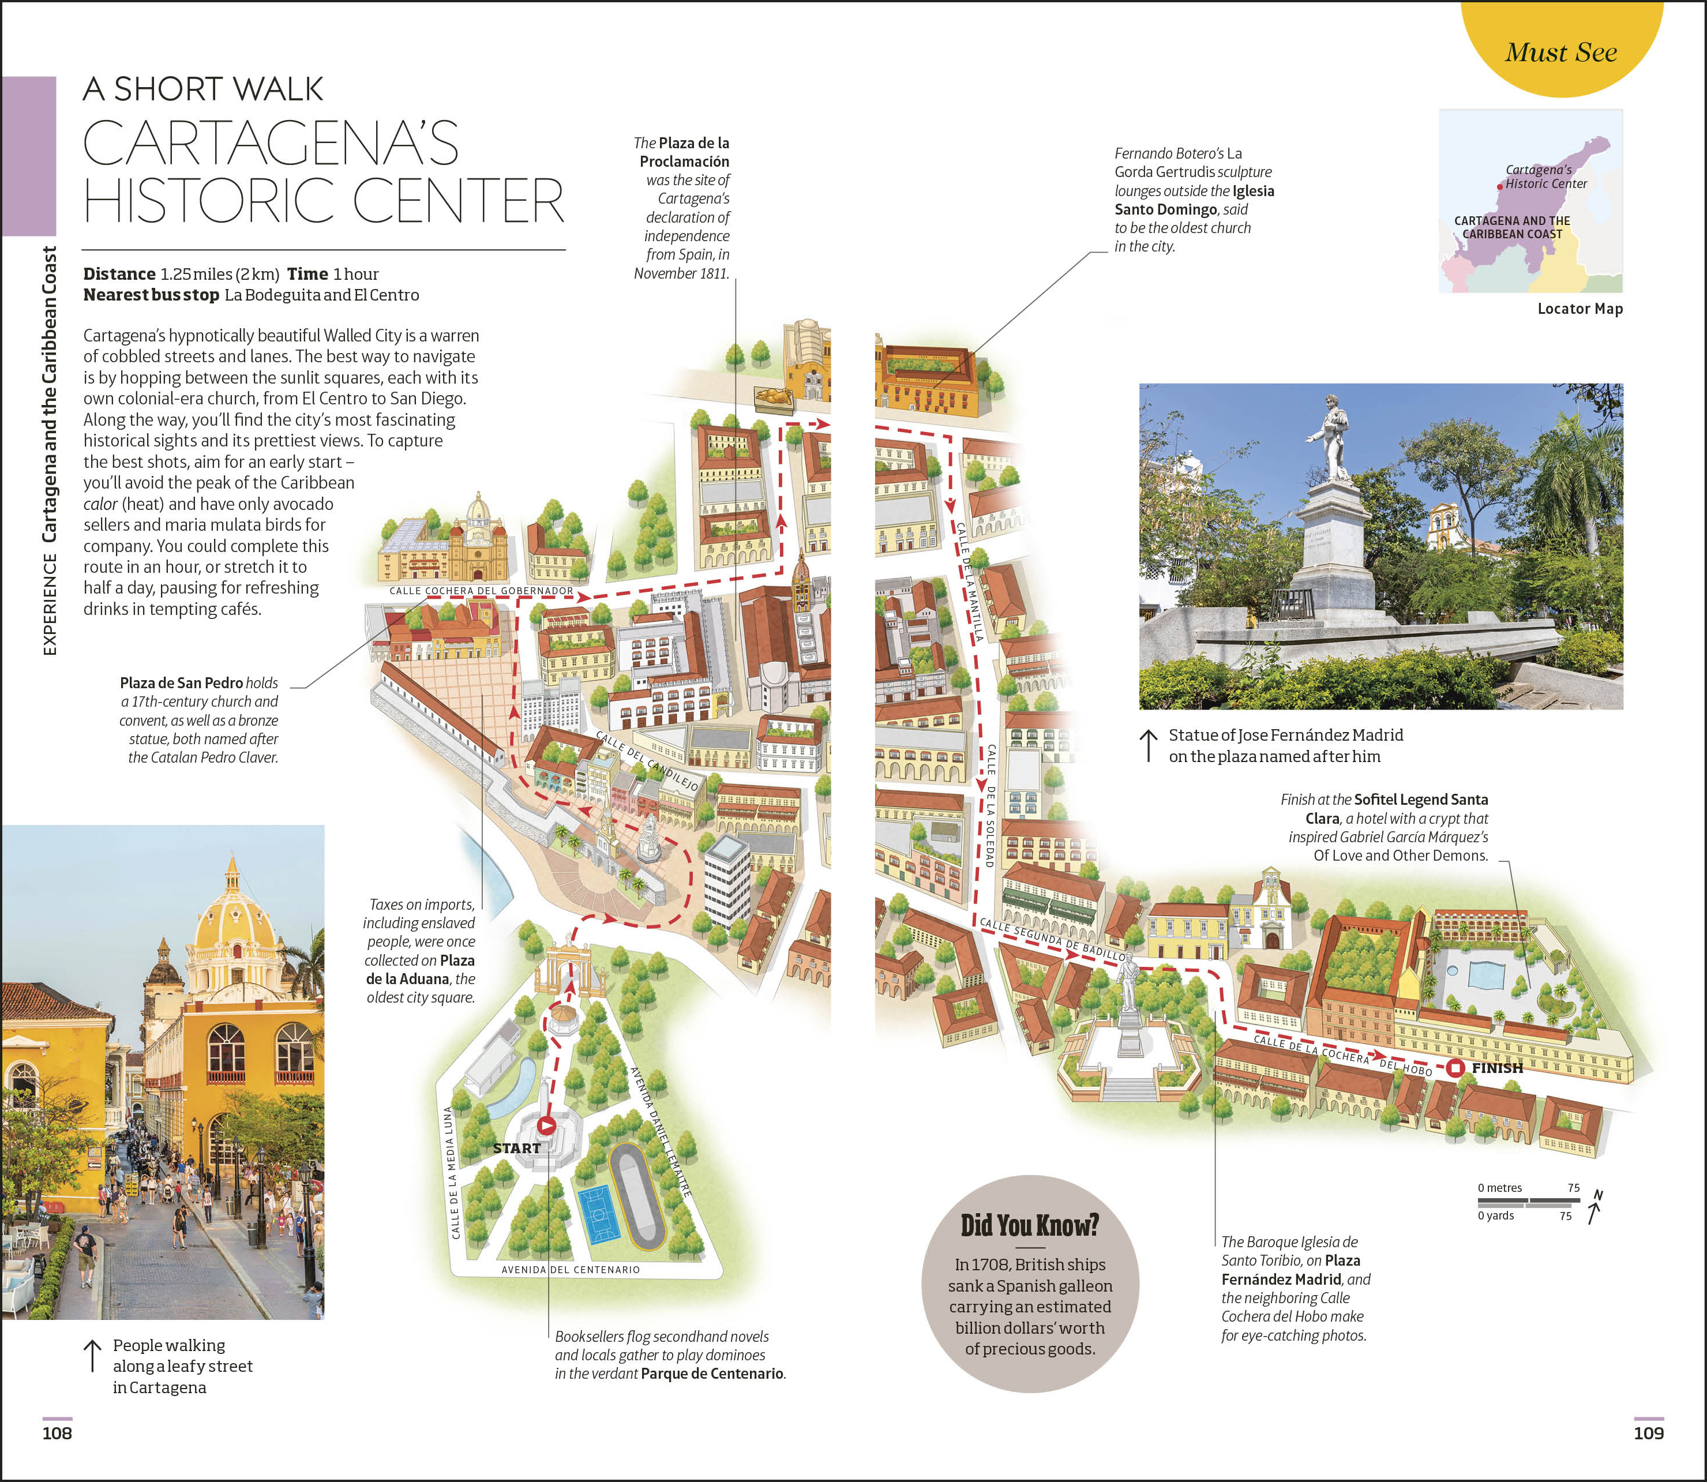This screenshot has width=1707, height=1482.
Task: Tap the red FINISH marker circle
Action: click(x=1457, y=1068)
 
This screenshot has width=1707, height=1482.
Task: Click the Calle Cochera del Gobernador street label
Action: click(x=481, y=591)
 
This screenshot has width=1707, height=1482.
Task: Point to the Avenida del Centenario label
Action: click(x=571, y=1270)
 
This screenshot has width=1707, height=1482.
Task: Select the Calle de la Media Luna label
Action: click(x=452, y=1173)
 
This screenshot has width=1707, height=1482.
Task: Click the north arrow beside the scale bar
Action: click(x=1595, y=1208)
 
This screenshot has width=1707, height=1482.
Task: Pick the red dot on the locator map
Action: click(x=1499, y=187)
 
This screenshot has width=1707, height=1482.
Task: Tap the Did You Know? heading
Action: click(x=1030, y=1225)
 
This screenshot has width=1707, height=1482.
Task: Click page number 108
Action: click(x=57, y=1433)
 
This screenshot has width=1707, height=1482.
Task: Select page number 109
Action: click(x=1648, y=1433)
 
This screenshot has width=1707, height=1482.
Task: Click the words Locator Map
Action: click(x=1580, y=309)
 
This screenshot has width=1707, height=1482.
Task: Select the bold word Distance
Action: click(x=119, y=274)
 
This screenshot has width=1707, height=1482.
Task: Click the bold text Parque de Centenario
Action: click(x=712, y=1373)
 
